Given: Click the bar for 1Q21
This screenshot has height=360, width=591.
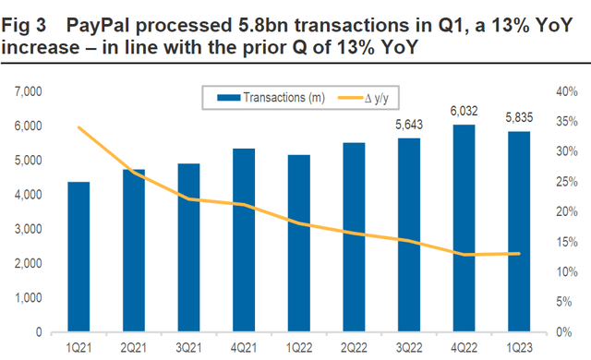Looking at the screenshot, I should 78,257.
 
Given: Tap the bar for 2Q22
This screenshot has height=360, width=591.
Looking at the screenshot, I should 352,237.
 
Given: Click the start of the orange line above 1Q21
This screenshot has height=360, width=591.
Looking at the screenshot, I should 78,127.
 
